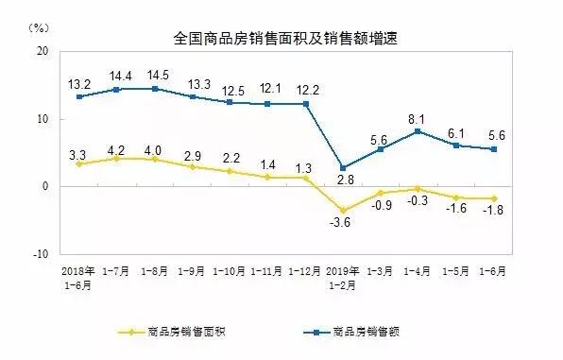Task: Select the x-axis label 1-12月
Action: coord(308,271)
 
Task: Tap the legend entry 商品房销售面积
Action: coord(179,332)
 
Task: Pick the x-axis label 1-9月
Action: coord(193,271)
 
